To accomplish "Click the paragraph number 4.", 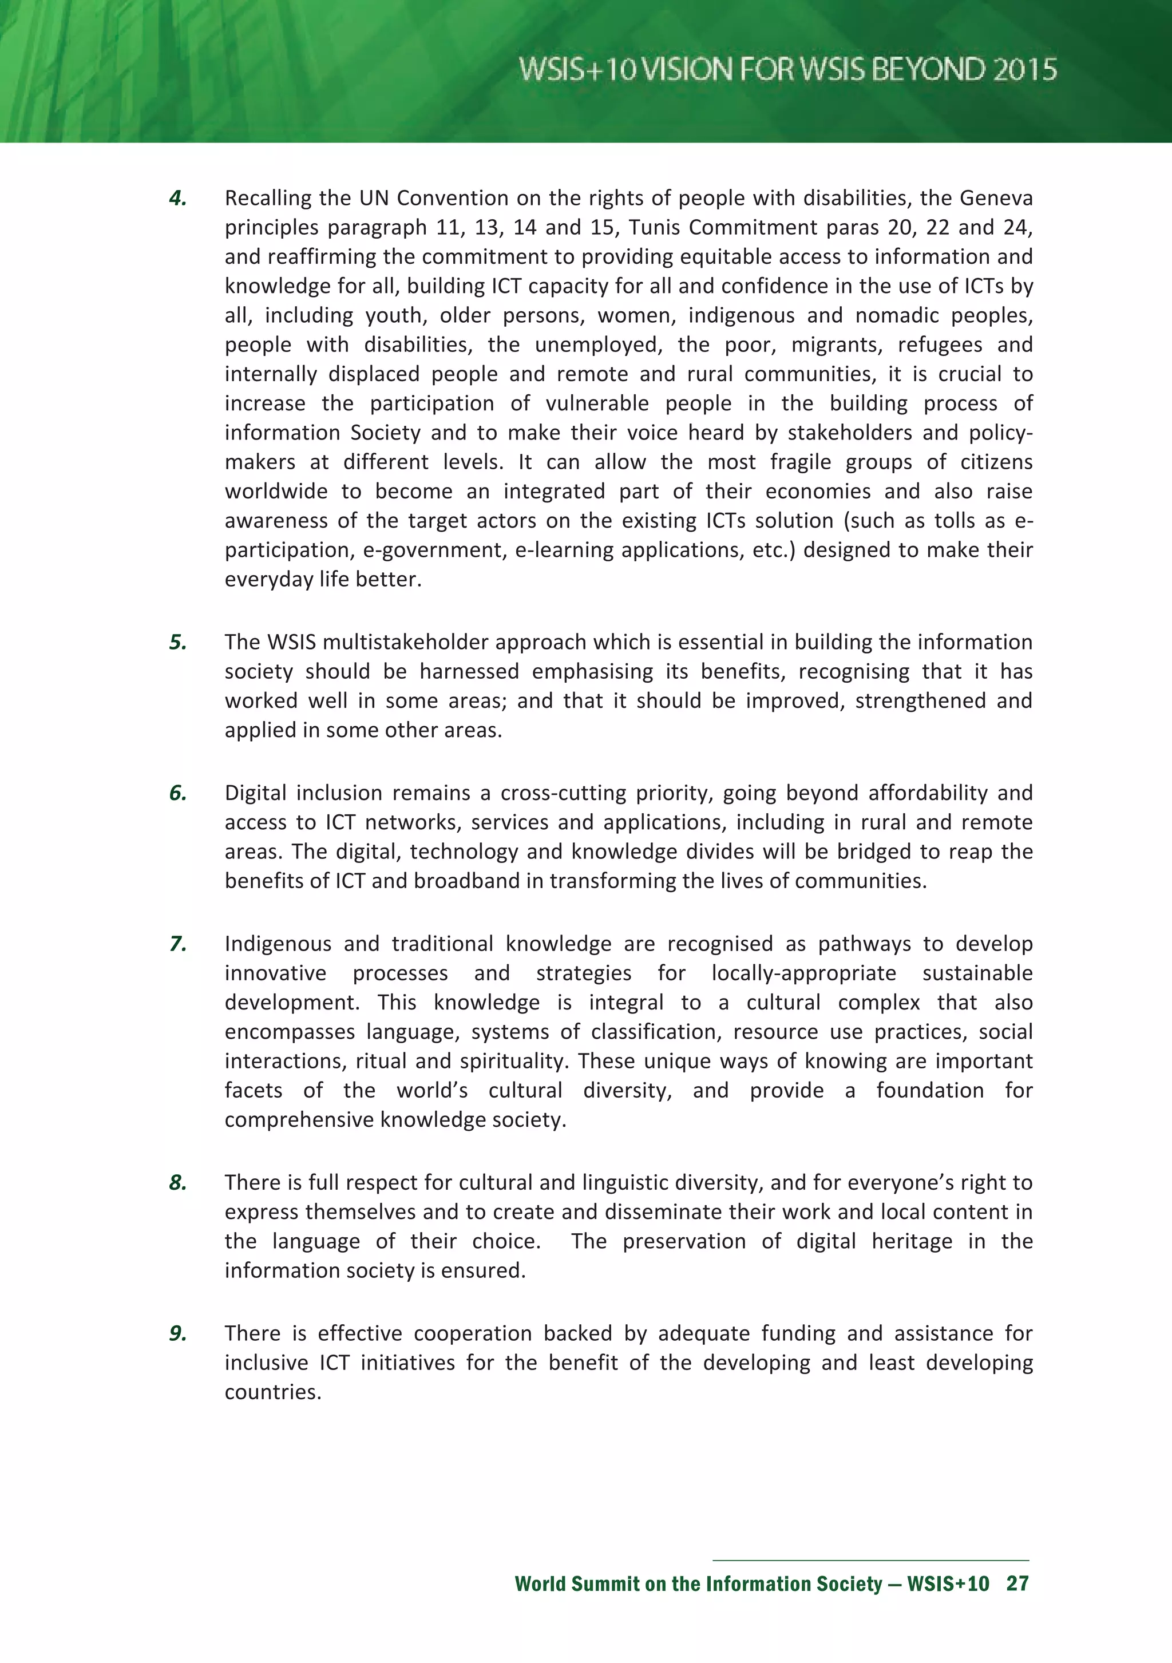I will coord(177,199).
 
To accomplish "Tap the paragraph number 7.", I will coord(177,944).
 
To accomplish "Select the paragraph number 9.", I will coord(177,1333).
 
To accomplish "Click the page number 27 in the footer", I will coord(1017,1584).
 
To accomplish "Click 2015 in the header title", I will coord(1024,70).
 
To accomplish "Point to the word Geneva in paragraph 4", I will coord(996,199).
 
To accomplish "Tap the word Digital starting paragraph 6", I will coord(254,793).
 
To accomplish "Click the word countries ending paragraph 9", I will coord(272,1392).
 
